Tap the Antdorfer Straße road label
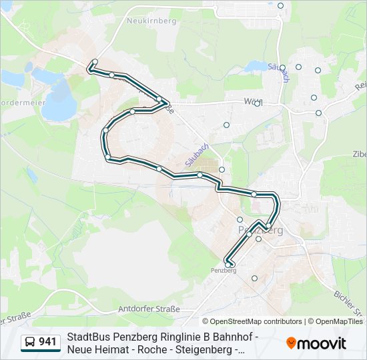[x=149, y=309]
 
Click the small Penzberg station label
[x=224, y=271]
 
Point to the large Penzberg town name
[x=261, y=230]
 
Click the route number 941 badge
[x=47, y=343]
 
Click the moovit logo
[x=316, y=343]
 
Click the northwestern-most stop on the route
[x=95, y=62]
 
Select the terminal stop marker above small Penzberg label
[x=229, y=265]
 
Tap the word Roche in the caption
[x=151, y=349]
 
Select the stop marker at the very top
[x=281, y=5]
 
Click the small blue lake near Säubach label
[x=254, y=67]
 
